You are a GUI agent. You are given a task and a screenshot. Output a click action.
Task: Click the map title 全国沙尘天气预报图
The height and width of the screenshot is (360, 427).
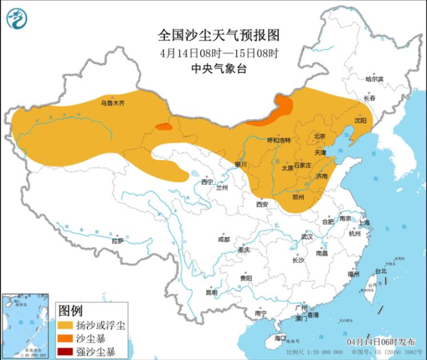219,35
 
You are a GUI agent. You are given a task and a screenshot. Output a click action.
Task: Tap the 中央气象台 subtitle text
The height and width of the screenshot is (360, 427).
219,67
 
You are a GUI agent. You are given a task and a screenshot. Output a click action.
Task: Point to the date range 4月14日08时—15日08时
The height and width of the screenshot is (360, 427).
219,53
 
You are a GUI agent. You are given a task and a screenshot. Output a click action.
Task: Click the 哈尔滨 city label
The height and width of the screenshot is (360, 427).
374,79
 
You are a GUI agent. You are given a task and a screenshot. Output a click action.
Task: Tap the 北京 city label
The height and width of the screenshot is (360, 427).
319,136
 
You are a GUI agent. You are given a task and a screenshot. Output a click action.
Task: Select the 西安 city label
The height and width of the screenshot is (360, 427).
262,203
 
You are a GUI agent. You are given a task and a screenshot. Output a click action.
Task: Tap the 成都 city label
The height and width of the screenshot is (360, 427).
224,239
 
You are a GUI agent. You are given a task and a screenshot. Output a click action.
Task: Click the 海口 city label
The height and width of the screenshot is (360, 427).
279,338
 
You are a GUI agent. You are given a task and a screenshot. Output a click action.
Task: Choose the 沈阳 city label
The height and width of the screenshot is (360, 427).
360,121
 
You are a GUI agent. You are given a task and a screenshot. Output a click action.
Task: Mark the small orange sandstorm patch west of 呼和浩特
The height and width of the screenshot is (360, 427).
164,126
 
